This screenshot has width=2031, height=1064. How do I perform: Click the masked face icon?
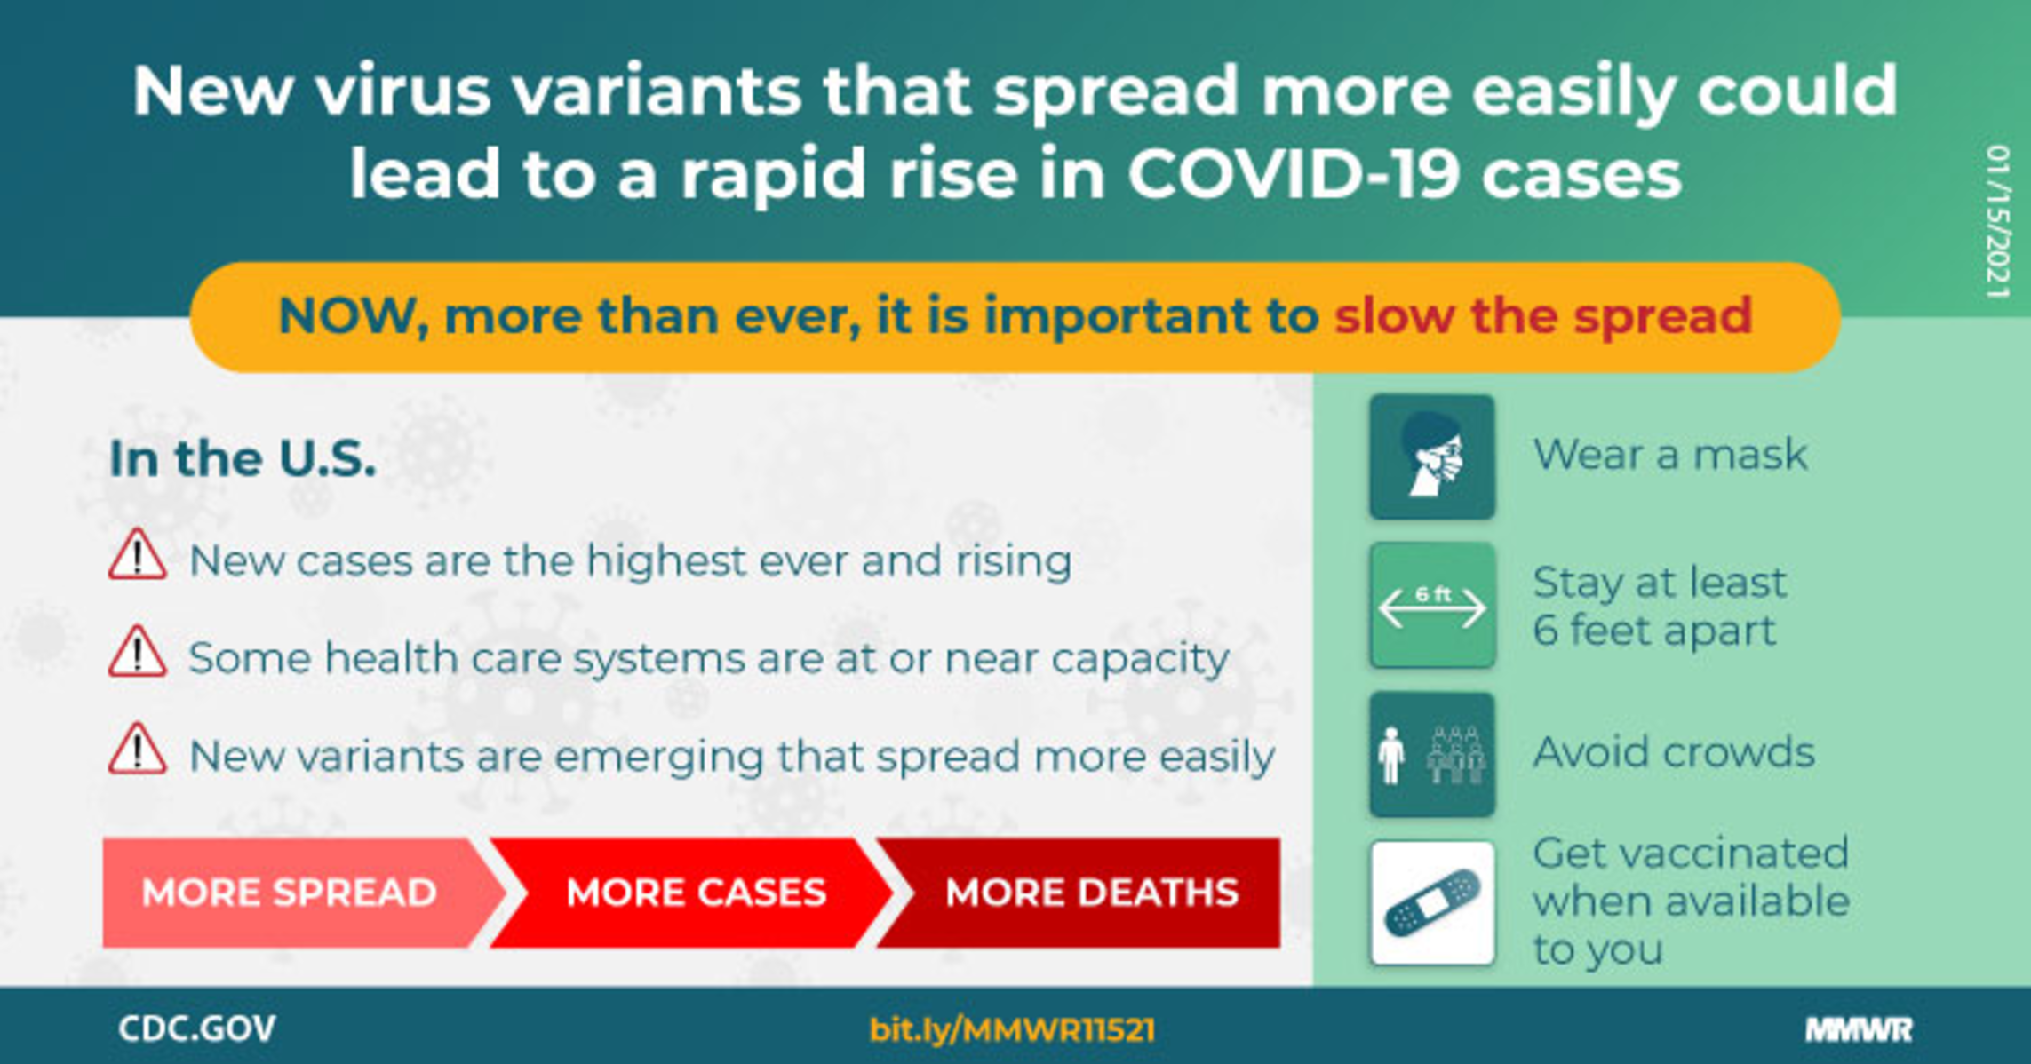tap(1432, 457)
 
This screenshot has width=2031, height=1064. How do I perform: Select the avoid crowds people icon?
tap(1432, 754)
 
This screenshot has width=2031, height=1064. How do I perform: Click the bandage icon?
tap(1432, 902)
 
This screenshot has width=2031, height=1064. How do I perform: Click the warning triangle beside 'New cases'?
tap(137, 555)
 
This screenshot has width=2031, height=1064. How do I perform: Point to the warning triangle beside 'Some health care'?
tap(137, 652)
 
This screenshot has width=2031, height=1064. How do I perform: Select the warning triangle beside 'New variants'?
tap(137, 750)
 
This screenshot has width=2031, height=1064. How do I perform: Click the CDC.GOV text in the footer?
tap(197, 1028)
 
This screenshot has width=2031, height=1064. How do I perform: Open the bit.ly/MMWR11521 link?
tap(1012, 1029)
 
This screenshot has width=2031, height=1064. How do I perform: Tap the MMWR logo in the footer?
tap(1859, 1029)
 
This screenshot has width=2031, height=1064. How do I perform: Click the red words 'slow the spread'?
tap(1542, 315)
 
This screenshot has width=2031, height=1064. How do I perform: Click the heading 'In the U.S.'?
tap(243, 458)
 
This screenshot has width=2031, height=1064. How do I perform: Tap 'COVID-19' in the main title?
tap(1294, 172)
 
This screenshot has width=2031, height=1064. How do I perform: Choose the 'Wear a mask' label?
tap(1670, 455)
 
